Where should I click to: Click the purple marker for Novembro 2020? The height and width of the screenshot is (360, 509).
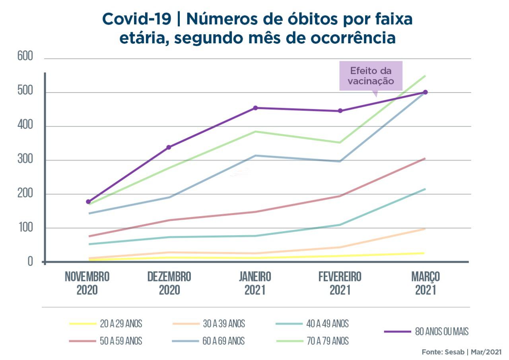(88, 202)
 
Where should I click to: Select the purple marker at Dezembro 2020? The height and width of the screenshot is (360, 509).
(169, 147)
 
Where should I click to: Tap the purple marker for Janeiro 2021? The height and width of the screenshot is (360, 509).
(256, 108)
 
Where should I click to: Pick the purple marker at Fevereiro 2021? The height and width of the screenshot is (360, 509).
(340, 111)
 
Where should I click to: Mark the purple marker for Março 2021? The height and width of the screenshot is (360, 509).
(425, 92)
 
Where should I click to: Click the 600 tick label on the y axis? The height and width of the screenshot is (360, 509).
(25, 57)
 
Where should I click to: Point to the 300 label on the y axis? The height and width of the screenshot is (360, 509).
(25, 160)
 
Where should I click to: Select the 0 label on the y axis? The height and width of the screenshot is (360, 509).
(30, 262)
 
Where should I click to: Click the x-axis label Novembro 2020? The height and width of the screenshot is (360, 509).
(87, 283)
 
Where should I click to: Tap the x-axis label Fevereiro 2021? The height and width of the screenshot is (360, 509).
(340, 283)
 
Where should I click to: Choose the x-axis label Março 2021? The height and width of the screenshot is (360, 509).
(425, 283)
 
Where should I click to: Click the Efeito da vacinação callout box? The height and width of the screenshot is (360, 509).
(371, 76)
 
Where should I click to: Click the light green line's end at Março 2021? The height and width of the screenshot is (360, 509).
(425, 75)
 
